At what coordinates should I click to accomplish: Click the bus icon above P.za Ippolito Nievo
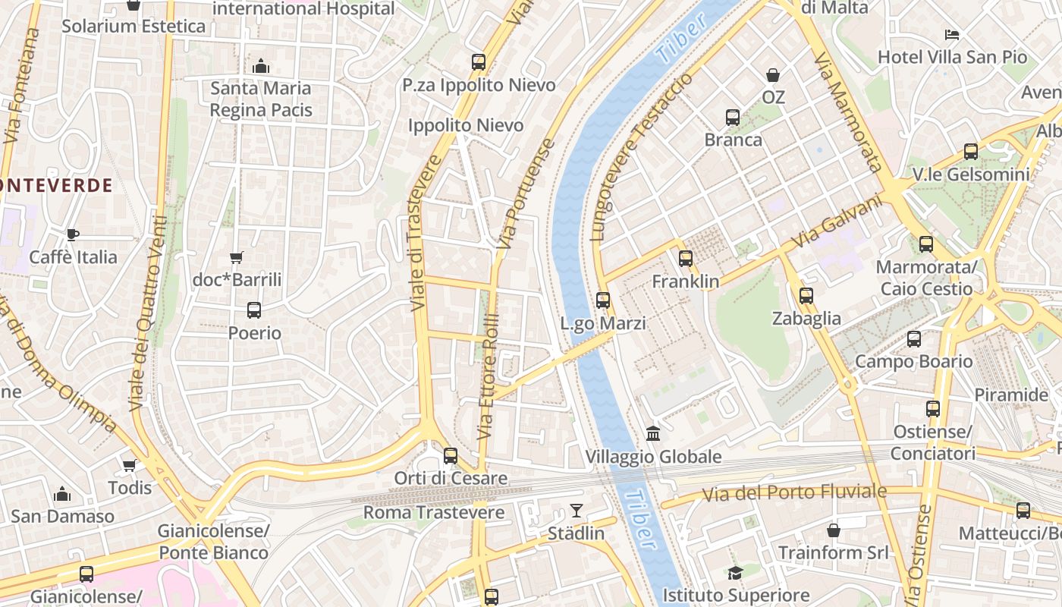point(478,62)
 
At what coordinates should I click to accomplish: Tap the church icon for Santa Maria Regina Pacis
point(261,66)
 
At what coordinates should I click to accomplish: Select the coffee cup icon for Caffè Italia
point(73,234)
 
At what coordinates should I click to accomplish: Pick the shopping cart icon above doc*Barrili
point(237,257)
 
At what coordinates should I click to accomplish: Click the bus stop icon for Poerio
point(254,310)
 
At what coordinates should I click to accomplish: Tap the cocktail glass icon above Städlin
point(577,511)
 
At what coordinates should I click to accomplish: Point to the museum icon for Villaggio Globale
point(653,434)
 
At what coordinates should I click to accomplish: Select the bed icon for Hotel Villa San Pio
point(952,35)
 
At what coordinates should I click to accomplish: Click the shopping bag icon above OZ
point(773,75)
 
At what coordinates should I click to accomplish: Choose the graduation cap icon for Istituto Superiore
point(735,573)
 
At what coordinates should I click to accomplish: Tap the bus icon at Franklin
point(686,259)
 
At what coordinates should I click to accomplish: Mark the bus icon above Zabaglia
point(806,296)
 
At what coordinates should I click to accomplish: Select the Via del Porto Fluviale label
point(793,493)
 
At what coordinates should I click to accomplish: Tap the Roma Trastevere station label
point(434,513)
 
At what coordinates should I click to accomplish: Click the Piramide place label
point(1011,395)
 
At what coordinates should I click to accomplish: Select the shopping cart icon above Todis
point(129,465)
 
